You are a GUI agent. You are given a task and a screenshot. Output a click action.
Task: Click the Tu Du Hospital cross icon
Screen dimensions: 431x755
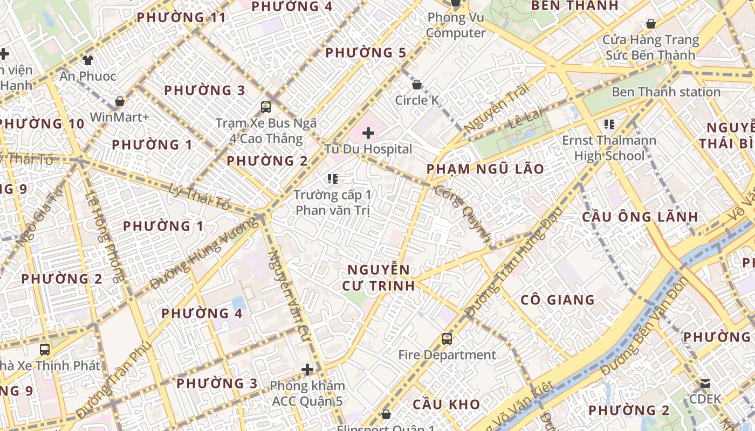(368, 133)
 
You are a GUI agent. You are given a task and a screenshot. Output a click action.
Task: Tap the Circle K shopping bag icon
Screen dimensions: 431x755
(416, 85)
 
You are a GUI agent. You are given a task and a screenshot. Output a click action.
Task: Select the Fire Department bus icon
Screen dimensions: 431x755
(447, 339)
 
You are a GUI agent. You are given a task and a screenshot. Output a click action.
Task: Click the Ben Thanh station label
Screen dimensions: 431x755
(665, 92)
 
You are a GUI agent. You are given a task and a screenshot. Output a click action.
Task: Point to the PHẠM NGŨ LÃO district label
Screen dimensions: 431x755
(485, 169)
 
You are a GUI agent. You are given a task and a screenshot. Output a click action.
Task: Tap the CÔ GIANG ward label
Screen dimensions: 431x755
(558, 300)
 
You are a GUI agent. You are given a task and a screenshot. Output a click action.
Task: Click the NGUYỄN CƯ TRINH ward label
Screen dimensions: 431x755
(379, 277)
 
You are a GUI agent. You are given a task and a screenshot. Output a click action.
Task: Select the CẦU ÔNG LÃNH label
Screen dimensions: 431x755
(640, 217)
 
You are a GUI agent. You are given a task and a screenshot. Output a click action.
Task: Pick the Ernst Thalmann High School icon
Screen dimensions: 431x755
(609, 125)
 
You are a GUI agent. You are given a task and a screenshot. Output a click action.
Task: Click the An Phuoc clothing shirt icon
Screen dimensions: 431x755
(87, 60)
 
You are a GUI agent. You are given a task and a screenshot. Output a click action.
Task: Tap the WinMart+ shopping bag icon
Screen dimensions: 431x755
(119, 101)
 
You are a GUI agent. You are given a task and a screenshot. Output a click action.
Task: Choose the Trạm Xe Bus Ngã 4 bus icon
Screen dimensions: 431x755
(265, 107)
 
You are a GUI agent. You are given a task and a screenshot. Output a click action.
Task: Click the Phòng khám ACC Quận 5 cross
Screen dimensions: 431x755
(307, 370)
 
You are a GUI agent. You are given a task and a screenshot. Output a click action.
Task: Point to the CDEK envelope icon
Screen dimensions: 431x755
(705, 384)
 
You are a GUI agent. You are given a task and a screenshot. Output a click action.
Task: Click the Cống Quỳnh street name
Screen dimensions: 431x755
(463, 214)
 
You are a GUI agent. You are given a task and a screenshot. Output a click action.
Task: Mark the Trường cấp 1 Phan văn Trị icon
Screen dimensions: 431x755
(333, 178)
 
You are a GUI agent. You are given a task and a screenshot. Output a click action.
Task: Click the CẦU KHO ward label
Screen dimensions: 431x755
(446, 405)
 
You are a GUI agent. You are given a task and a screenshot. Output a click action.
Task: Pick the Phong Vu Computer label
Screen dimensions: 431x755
(456, 25)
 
